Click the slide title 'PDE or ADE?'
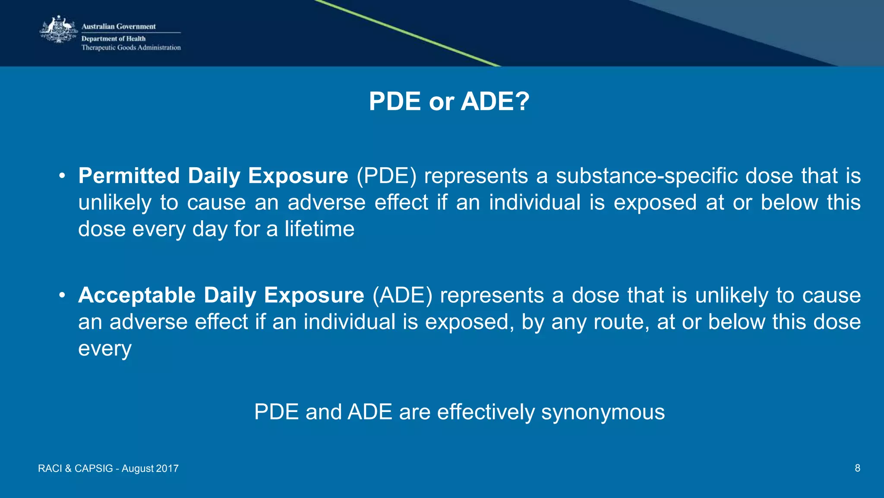tap(449, 102)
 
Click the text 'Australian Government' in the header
tap(119, 26)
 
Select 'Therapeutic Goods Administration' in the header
tap(131, 48)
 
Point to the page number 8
tap(857, 468)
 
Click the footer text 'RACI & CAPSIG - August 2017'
tap(108, 469)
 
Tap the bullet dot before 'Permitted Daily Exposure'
tap(62, 176)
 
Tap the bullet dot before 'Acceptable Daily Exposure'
tap(62, 295)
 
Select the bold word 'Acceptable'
tap(137, 295)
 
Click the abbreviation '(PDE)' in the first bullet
tap(387, 176)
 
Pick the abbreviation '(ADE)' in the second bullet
tap(402, 295)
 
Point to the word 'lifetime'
tap(319, 229)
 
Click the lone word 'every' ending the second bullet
tap(105, 349)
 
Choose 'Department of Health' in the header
tap(114, 38)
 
